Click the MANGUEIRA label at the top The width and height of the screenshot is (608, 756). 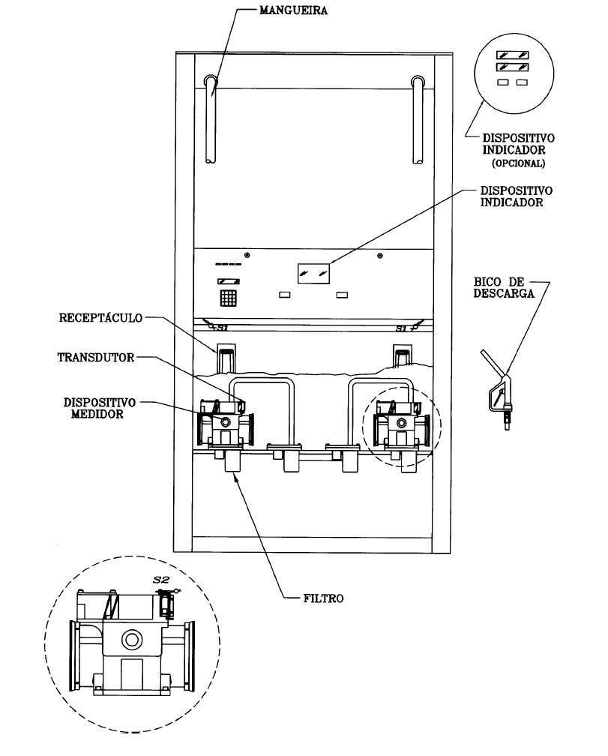pyautogui.click(x=293, y=10)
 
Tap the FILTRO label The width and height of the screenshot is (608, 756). pyautogui.click(x=323, y=598)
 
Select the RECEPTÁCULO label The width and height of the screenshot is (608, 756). pyautogui.click(x=100, y=318)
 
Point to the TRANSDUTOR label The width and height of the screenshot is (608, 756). pyautogui.click(x=96, y=357)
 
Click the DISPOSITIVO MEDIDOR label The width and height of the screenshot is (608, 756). pyautogui.click(x=99, y=408)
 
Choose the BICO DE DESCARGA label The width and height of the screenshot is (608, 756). pyautogui.click(x=504, y=287)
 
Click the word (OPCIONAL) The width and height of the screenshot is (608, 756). pyautogui.click(x=518, y=163)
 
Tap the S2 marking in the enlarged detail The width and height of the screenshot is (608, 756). pyautogui.click(x=161, y=580)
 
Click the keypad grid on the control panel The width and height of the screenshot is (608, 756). pyautogui.click(x=229, y=298)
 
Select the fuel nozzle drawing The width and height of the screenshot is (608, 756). pyautogui.click(x=497, y=389)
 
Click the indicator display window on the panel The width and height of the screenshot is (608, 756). pyautogui.click(x=313, y=273)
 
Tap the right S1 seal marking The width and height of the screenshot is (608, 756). pyautogui.click(x=408, y=327)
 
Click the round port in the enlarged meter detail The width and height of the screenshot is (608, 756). pyautogui.click(x=131, y=640)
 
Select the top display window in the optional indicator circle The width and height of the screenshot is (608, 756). pyautogui.click(x=513, y=55)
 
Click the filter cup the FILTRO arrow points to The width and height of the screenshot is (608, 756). pyautogui.click(x=233, y=461)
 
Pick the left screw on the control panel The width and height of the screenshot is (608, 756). pyautogui.click(x=247, y=254)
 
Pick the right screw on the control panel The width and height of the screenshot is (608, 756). pyautogui.click(x=380, y=256)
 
